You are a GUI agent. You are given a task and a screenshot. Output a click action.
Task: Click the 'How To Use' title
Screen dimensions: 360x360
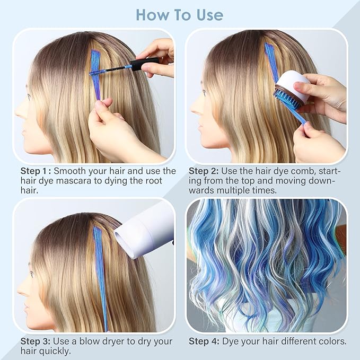coord(180,14)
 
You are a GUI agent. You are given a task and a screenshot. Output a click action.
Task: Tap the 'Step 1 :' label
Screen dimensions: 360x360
coord(35,171)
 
